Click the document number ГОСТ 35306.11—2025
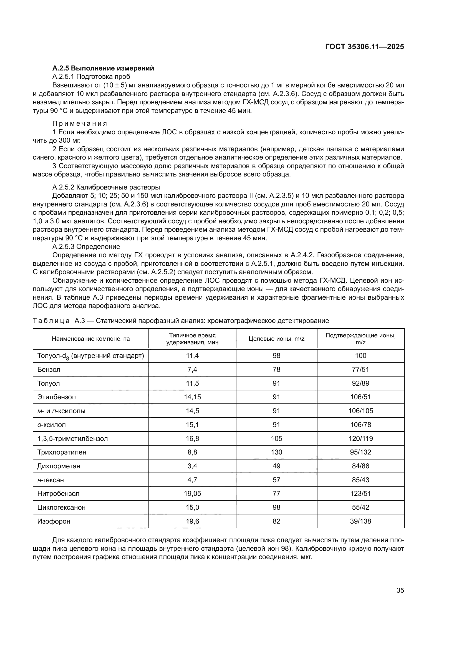(x=364, y=47)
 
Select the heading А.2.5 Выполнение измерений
(x=103, y=68)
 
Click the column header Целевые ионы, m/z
(x=276, y=339)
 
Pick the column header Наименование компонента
(x=91, y=339)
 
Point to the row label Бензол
(x=49, y=369)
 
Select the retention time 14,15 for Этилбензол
(x=192, y=397)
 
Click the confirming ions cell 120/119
(x=360, y=438)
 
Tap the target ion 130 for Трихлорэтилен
(x=276, y=452)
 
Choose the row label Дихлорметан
(x=59, y=466)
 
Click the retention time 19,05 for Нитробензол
(x=192, y=494)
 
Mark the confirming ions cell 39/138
(x=360, y=521)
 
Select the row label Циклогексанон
(x=61, y=507)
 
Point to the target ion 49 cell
(x=276, y=466)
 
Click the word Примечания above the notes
(x=80, y=123)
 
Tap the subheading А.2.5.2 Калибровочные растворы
(x=106, y=187)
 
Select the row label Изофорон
(x=54, y=521)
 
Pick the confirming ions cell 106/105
(x=360, y=411)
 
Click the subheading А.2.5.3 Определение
(x=86, y=246)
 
